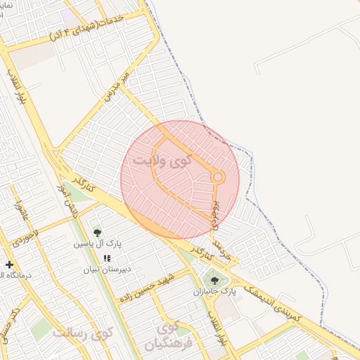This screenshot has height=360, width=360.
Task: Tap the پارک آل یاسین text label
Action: (99, 245)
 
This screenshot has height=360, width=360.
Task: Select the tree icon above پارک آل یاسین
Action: (97, 233)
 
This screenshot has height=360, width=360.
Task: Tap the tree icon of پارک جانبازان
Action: (214, 281)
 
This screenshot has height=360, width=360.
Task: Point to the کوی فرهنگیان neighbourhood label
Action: (164, 336)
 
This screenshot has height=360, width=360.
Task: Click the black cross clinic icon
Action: (8, 264)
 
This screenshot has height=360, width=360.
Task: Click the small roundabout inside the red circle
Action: (218, 177)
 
